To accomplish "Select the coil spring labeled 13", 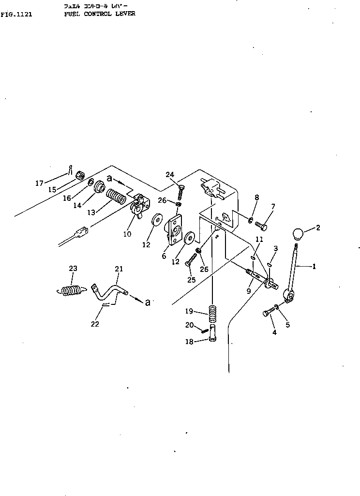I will (116, 197).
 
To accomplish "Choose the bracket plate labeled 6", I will (174, 230).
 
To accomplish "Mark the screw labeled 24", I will (181, 192).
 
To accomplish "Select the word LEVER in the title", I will (125, 14).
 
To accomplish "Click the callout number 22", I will (95, 324).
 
